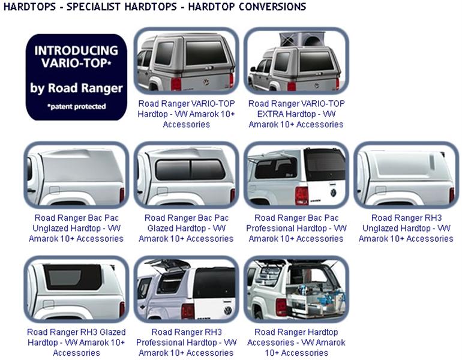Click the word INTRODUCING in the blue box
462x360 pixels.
click(x=76, y=50)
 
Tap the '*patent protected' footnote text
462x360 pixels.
click(x=76, y=106)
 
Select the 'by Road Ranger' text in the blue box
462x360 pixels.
click(x=76, y=88)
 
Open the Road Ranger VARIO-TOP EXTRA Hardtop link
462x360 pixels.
click(x=296, y=114)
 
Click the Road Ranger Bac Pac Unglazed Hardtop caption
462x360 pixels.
click(x=76, y=229)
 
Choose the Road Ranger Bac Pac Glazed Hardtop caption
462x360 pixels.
click(x=186, y=229)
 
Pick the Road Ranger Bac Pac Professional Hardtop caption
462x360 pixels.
click(x=296, y=229)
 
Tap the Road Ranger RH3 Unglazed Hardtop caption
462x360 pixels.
click(x=406, y=229)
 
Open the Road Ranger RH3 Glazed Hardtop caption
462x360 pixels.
click(x=76, y=343)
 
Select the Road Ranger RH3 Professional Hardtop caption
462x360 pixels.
click(x=186, y=343)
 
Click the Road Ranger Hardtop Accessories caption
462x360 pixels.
click(x=296, y=343)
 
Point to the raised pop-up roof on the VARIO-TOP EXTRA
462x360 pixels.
click(x=301, y=39)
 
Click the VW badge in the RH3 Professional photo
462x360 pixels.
click(x=228, y=311)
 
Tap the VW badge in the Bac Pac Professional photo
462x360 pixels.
click(x=333, y=193)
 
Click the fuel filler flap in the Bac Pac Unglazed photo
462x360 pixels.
click(x=55, y=190)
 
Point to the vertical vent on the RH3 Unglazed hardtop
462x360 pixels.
click(x=432, y=162)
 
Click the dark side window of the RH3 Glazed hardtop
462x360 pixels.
click(x=73, y=277)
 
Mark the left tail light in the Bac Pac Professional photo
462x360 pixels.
click(x=302, y=196)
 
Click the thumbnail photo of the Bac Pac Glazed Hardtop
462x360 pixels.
click(x=186, y=175)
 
